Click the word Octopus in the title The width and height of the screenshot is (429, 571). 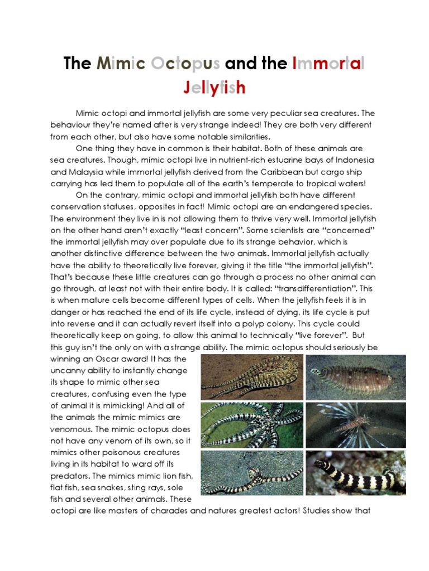[186, 64]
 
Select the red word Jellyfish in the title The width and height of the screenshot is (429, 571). [214, 88]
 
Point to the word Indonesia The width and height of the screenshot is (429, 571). [348, 160]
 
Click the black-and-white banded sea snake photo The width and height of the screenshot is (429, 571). [356, 473]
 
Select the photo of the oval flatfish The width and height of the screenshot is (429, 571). [356, 377]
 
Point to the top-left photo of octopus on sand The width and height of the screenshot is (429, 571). [252, 377]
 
